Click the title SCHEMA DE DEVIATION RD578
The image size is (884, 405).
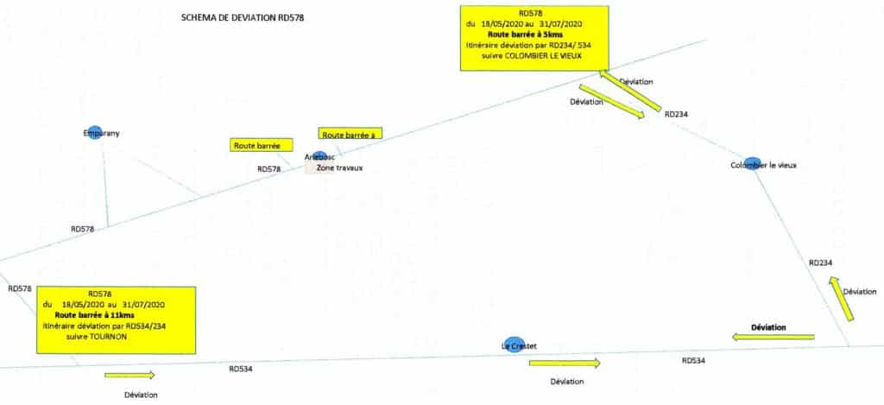tap(243, 17)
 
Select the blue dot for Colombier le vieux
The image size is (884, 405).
tap(752, 162)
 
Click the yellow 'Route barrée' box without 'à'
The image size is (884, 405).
tap(262, 145)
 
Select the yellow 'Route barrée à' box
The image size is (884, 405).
tap(350, 134)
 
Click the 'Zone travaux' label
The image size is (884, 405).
tap(339, 168)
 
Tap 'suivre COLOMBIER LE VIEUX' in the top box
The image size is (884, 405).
tap(533, 56)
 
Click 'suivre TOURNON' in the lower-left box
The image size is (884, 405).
tap(97, 338)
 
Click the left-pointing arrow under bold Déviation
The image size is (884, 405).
tap(773, 337)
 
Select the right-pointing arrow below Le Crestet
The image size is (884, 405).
tap(564, 363)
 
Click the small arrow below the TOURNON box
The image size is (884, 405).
tap(129, 375)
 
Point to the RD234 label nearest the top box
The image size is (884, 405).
tap(676, 113)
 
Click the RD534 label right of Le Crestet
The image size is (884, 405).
tap(693, 360)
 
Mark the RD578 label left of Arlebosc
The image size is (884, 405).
tap(269, 169)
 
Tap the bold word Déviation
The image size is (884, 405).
tap(768, 326)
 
